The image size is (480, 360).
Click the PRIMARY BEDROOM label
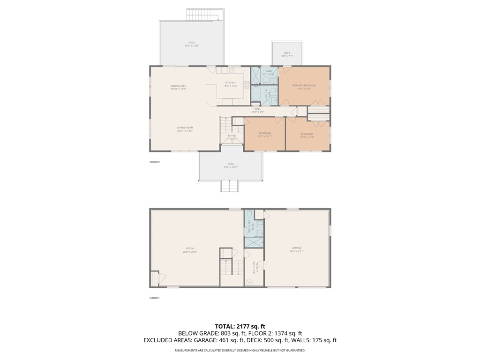pyautogui.click(x=304, y=87)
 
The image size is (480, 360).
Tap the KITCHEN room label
pyautogui.click(x=230, y=84)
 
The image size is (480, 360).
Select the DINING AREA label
pyautogui.click(x=178, y=87)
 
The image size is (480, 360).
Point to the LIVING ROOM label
pyautogui.click(x=185, y=129)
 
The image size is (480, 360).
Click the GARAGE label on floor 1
pyautogui.click(x=296, y=249)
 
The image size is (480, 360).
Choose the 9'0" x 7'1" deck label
pyautogui.click(x=287, y=54)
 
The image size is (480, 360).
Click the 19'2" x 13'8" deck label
pyautogui.click(x=191, y=44)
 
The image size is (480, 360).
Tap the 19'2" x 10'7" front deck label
pyautogui.click(x=231, y=165)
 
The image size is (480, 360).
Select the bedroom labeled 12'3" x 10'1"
pyautogui.click(x=265, y=135)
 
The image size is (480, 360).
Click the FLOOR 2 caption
pyautogui.click(x=155, y=162)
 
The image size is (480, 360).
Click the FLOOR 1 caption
pyautogui.click(x=155, y=298)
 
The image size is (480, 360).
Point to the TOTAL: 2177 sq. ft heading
pyautogui.click(x=240, y=326)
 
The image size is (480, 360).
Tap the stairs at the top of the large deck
pyautogui.click(x=202, y=15)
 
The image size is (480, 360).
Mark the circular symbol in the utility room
pyautogui.click(x=249, y=282)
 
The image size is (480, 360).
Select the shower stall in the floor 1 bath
pyautogui.click(x=254, y=242)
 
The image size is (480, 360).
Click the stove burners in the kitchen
pyautogui.click(x=247, y=85)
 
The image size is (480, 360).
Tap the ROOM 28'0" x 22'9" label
pyautogui.click(x=189, y=249)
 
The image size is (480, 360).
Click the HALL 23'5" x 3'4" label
pyautogui.click(x=257, y=110)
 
